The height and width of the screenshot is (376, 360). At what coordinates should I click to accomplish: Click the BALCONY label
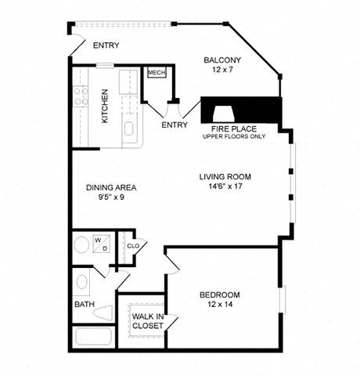click(222, 60)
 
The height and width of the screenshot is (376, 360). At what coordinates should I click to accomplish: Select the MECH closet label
click(157, 73)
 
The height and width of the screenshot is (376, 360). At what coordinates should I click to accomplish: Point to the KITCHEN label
click(104, 106)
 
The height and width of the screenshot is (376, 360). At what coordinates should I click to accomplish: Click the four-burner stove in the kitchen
click(80, 96)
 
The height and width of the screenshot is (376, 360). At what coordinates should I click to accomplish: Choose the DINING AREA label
click(111, 187)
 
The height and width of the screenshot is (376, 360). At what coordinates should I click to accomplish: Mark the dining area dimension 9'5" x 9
click(111, 199)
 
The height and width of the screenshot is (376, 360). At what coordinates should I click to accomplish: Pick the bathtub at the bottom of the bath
click(93, 338)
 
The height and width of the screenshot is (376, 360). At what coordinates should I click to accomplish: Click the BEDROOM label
click(219, 295)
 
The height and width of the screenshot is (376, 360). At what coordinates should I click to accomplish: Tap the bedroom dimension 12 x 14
click(219, 305)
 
